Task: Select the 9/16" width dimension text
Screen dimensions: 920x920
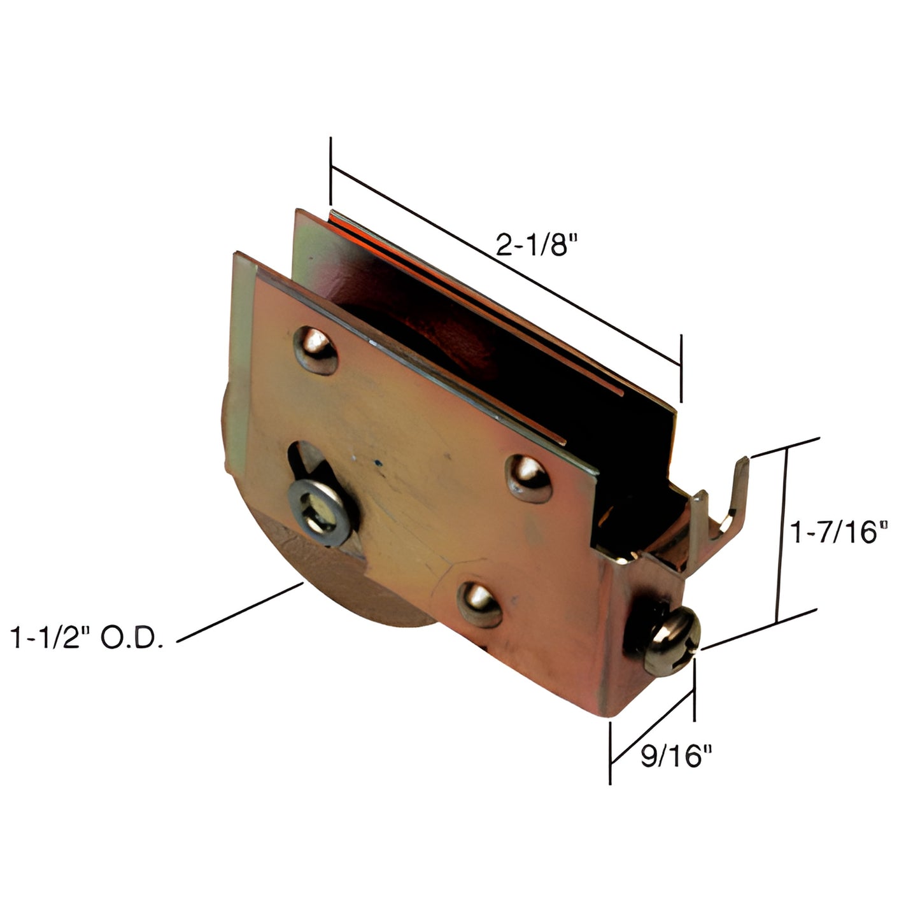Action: [676, 756]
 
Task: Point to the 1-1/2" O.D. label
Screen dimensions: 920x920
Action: [87, 637]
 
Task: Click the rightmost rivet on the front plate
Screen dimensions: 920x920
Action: [528, 478]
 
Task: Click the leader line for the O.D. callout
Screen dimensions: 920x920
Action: [240, 612]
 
